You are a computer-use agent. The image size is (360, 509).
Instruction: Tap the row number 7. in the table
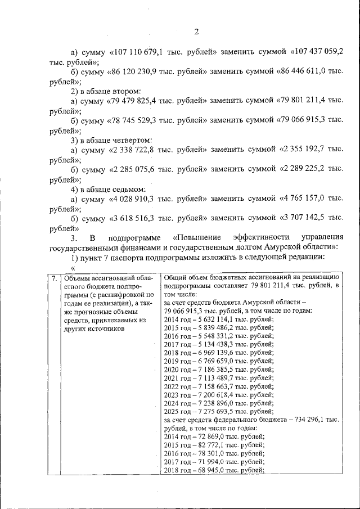tap(53, 278)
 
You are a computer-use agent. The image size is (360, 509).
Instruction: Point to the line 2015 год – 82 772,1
tap(214, 444)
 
